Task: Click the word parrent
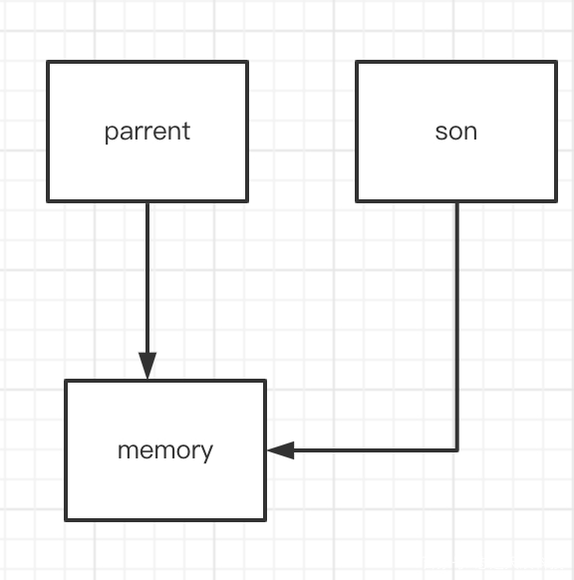click(147, 133)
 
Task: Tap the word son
click(456, 133)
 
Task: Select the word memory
click(165, 451)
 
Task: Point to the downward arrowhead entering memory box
click(147, 366)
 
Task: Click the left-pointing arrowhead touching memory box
click(281, 450)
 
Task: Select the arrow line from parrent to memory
click(147, 291)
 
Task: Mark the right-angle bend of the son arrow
click(457, 450)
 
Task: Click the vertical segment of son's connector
click(457, 326)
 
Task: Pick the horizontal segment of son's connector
click(363, 450)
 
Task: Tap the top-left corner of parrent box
click(48, 62)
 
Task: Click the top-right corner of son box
click(556, 62)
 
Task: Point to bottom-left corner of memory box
click(66, 519)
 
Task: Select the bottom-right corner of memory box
click(265, 519)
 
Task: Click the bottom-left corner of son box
click(357, 201)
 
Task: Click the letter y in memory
click(207, 453)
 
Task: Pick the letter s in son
click(440, 133)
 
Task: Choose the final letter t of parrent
click(186, 131)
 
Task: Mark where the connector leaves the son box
click(457, 202)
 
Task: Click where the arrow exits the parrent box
click(147, 202)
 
